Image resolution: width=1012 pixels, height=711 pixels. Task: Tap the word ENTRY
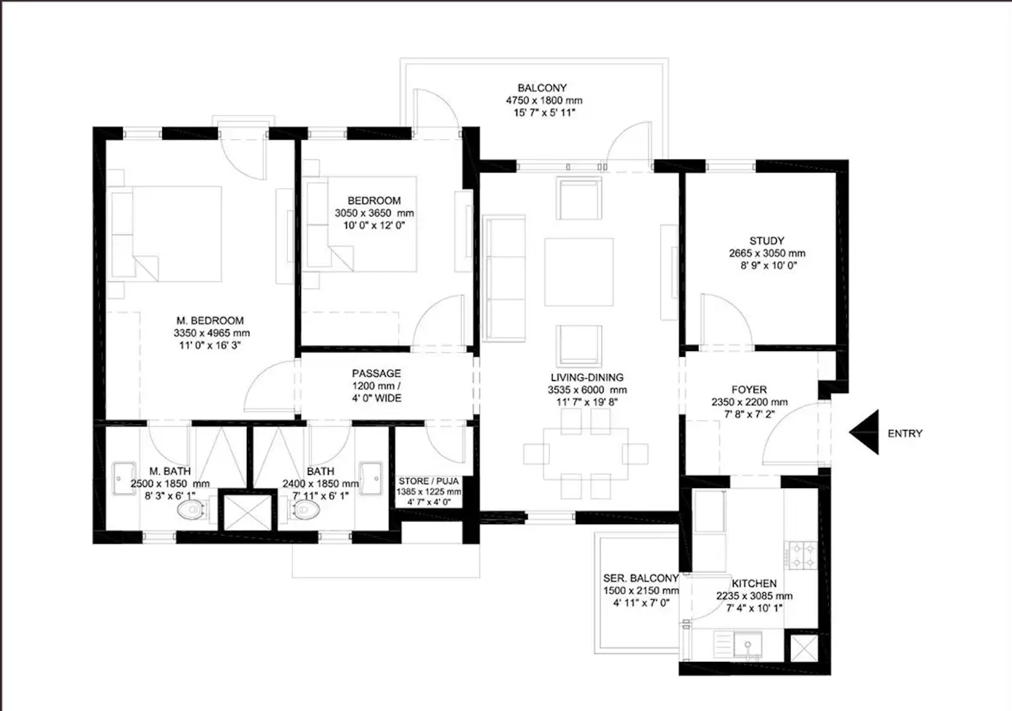coord(905,434)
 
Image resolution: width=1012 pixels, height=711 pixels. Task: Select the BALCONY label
coord(542,88)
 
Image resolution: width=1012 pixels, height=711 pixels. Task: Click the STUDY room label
coord(766,241)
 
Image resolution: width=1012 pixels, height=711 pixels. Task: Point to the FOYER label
coord(749,390)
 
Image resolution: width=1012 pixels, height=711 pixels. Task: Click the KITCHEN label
coord(754,583)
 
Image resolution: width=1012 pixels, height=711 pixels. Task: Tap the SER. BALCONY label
coord(640,578)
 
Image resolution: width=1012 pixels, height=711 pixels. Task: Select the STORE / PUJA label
coord(428,482)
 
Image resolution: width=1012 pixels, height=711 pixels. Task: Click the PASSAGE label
coord(376,374)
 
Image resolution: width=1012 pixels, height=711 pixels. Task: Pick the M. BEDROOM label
coord(210,321)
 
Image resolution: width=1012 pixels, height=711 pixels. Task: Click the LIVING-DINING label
coord(587,377)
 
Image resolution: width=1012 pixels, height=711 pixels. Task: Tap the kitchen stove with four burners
coord(802,555)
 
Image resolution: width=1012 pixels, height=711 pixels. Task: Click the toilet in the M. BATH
coord(191,512)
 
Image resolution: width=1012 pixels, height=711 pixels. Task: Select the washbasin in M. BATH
coord(123,478)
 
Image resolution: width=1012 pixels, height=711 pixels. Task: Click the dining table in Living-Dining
coord(586,454)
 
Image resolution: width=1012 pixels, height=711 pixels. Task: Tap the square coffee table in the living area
coord(578,272)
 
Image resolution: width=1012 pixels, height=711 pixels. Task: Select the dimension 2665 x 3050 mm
coord(766,253)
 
